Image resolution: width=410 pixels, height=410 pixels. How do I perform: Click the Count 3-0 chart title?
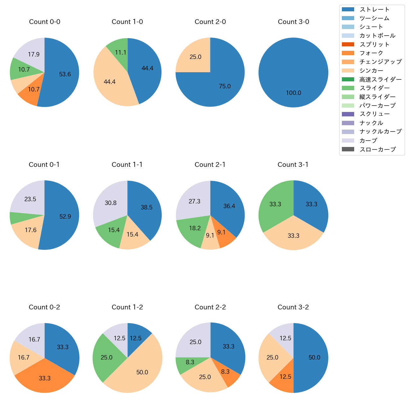293,22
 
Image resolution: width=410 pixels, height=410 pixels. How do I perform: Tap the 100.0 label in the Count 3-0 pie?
293,93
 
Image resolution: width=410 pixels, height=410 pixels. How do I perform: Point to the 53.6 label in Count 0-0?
65,74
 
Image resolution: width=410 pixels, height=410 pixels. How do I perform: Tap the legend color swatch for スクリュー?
348,114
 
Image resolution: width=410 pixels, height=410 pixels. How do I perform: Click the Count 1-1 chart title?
127,165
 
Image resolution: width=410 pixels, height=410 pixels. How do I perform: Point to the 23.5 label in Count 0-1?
30,199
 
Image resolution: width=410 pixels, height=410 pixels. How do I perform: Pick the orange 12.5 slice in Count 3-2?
284,378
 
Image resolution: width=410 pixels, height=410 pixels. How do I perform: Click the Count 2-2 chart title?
210,307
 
